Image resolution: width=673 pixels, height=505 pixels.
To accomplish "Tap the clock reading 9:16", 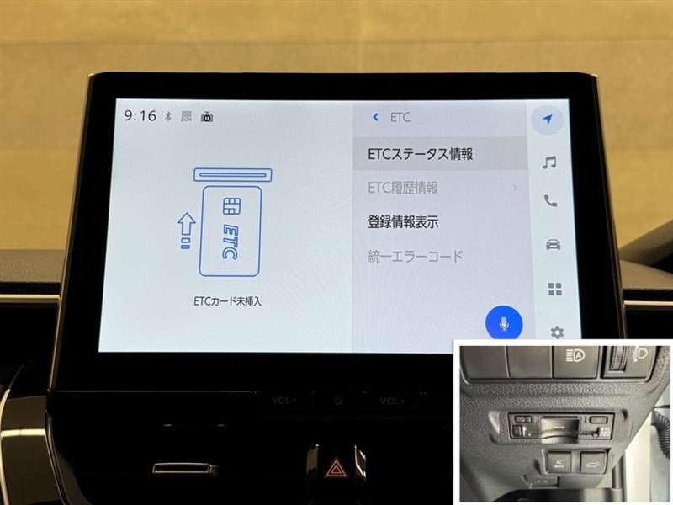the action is tap(140, 115).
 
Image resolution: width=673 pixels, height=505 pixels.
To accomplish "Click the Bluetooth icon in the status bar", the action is tap(168, 116).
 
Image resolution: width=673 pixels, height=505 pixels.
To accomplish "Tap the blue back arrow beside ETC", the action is tap(375, 117).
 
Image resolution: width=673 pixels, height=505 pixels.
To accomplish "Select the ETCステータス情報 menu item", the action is tap(420, 154).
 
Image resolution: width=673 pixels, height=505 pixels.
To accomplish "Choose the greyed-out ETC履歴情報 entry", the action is tap(403, 188).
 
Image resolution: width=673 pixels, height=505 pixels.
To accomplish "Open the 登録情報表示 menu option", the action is tap(403, 222).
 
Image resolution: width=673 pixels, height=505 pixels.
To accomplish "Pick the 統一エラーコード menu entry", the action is tap(415, 257).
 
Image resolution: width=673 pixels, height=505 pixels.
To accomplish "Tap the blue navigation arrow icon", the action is tap(548, 119).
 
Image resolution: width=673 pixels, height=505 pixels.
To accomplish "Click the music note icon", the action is tap(549, 162).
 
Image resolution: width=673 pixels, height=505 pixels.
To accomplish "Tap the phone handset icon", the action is tap(550, 201).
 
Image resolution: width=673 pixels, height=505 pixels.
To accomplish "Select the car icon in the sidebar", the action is tap(553, 244).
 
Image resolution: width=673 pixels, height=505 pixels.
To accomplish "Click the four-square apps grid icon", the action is tap(555, 289).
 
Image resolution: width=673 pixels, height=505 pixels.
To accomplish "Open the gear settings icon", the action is tap(557, 332).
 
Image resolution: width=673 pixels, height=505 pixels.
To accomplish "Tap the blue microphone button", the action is tap(504, 324).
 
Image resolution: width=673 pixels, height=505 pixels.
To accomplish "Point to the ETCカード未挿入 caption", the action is tap(227, 301).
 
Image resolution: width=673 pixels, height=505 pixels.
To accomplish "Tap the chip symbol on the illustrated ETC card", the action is tap(232, 206).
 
